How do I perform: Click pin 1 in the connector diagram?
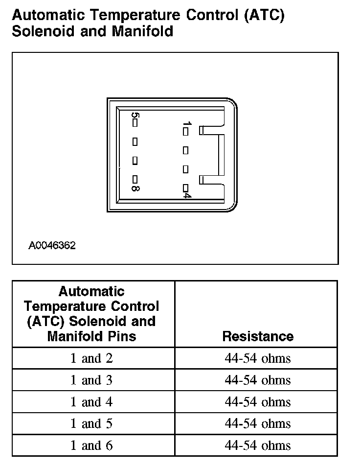click(185, 131)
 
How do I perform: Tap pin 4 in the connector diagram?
click(185, 187)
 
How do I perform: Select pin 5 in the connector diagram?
click(135, 123)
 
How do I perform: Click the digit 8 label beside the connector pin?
click(135, 187)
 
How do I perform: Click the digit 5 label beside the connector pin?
click(135, 116)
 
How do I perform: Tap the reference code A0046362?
click(52, 245)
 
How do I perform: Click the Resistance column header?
click(258, 336)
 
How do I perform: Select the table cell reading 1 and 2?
click(91, 358)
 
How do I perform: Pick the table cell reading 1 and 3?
click(91, 380)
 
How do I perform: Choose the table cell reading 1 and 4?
click(91, 402)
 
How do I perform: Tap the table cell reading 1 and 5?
click(91, 423)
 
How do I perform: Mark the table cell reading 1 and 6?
click(91, 445)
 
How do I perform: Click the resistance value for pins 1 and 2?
click(258, 358)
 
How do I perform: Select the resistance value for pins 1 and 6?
click(258, 445)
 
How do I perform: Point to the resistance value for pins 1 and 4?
click(258, 402)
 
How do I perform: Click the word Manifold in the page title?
click(142, 31)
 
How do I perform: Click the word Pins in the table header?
click(120, 336)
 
